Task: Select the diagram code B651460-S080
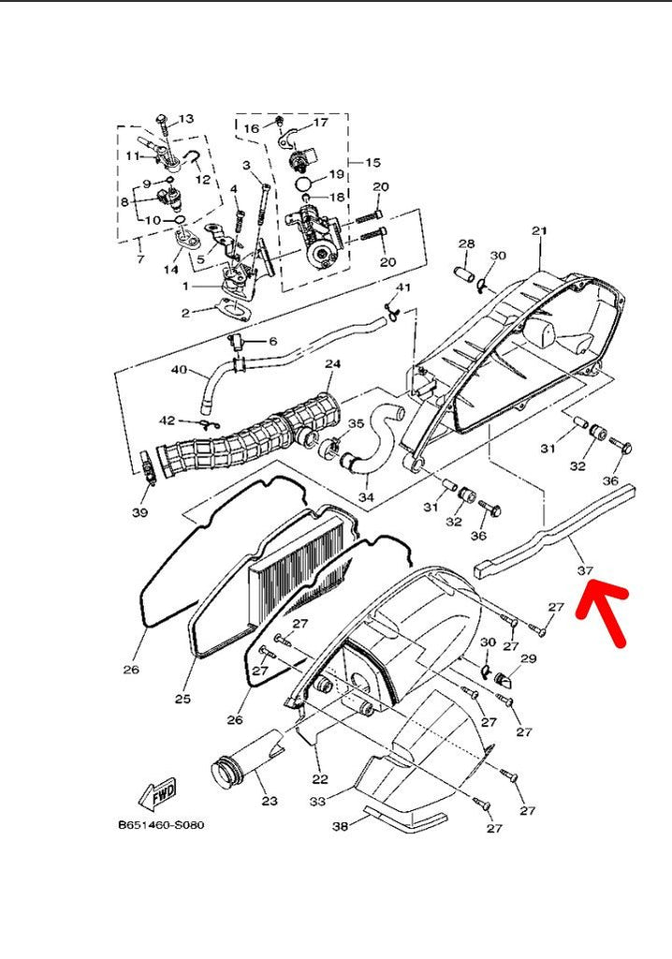coord(160,825)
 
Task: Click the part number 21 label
coord(538,231)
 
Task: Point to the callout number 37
coord(586,569)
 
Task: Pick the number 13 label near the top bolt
coord(185,119)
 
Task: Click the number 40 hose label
coord(180,369)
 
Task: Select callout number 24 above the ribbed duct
coord(332,363)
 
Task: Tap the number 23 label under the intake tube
coord(270,801)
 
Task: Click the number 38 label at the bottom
coord(341,826)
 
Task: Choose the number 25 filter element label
coord(183,699)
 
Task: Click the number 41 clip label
coord(402,287)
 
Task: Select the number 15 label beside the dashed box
coord(373,162)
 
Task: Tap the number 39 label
coord(139,512)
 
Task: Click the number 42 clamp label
coord(167,420)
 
